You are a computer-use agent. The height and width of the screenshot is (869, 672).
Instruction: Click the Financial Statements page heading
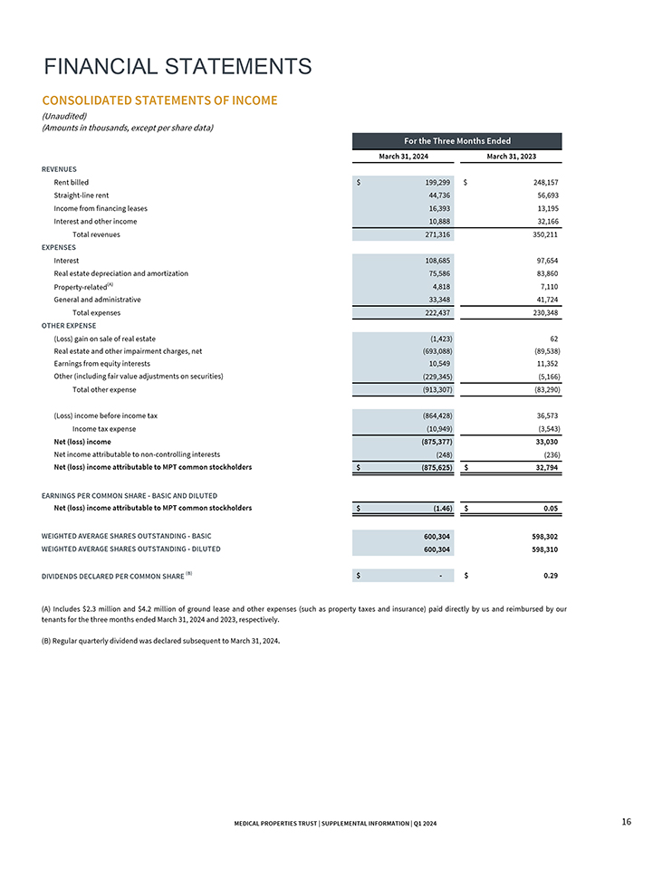coord(178,67)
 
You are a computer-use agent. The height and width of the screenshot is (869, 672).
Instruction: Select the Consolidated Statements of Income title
coord(159,100)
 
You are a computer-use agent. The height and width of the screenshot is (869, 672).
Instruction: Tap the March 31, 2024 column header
coord(403,157)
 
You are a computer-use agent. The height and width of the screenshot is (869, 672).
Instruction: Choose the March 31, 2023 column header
coord(512,157)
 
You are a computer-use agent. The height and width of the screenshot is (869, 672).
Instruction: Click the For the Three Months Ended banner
coord(456,140)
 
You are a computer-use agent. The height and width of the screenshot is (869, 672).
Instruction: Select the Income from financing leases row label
coord(101,208)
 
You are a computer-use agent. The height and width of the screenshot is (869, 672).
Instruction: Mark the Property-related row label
coord(83,286)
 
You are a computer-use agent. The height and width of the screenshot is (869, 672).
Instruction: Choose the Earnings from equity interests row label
coord(102,364)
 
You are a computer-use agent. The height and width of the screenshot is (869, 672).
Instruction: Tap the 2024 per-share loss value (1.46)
coord(437,509)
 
